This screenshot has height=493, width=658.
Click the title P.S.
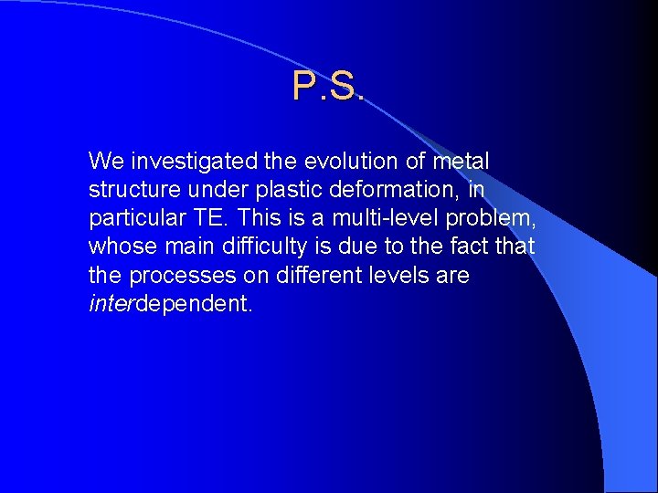click(328, 86)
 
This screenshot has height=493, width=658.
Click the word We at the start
click(106, 162)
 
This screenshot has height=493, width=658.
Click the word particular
click(132, 218)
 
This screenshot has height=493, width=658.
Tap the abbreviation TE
click(201, 218)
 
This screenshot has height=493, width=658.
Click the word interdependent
click(170, 303)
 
